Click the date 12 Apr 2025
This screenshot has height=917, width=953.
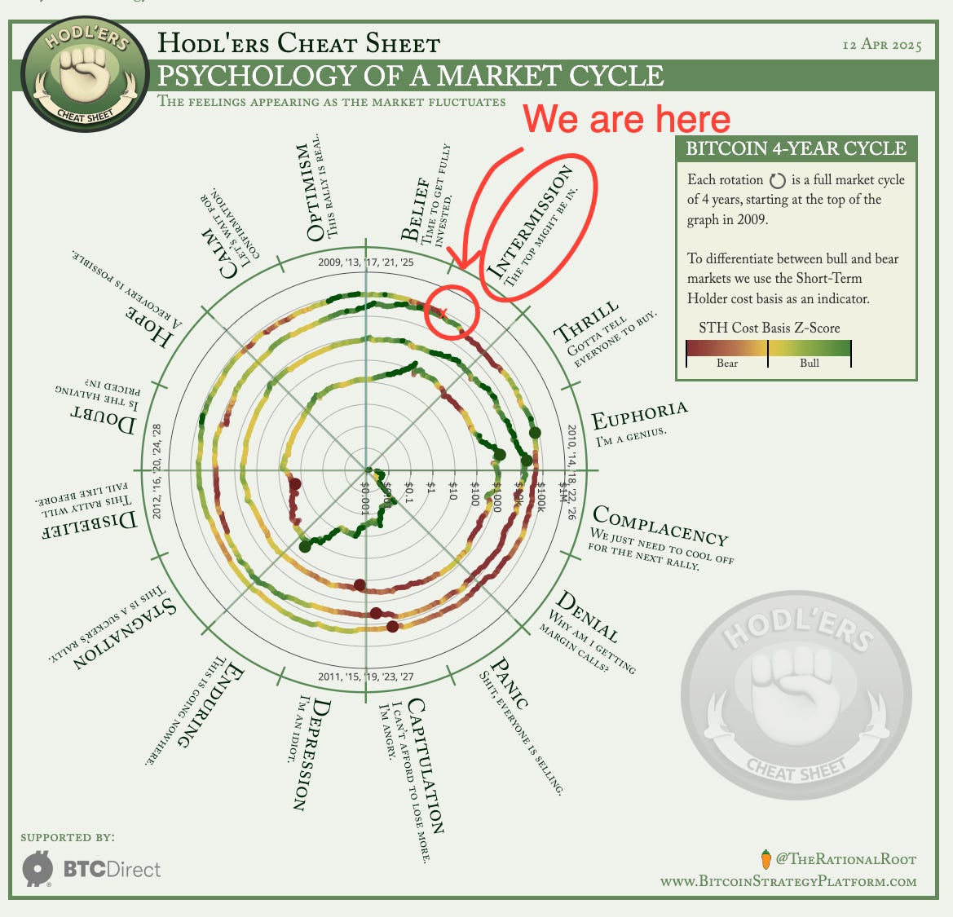(882, 44)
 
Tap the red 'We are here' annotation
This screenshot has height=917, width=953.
(627, 119)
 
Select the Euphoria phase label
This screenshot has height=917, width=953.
(640, 415)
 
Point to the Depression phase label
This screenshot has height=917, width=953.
(309, 755)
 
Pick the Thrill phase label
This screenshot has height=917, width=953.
(586, 323)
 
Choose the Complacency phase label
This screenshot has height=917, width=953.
(660, 525)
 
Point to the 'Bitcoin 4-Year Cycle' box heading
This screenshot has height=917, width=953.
(796, 148)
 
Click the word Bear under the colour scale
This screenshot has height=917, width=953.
(727, 363)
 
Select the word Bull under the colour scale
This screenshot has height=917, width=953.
(810, 363)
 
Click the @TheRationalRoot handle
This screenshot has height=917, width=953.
(845, 859)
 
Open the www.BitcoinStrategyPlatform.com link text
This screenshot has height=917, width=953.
(788, 881)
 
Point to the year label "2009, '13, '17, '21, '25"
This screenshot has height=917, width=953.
(366, 262)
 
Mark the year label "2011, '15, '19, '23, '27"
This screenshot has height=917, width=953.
(366, 677)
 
